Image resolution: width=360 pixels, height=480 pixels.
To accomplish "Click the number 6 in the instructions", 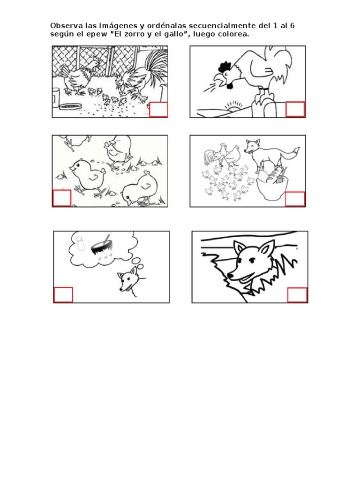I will [x=292, y=25].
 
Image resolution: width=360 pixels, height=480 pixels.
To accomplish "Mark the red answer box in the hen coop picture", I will [x=158, y=109].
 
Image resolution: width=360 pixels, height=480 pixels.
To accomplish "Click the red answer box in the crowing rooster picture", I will [x=295, y=109].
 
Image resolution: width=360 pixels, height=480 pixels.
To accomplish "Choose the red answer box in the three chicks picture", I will [x=61, y=198].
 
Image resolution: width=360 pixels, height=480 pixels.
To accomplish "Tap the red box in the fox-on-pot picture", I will [x=295, y=198].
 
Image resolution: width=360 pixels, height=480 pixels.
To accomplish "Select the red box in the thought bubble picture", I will [x=63, y=294].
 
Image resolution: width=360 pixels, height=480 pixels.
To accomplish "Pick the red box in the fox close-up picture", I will [x=297, y=295].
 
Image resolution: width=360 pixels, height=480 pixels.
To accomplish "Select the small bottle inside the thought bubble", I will [x=80, y=244].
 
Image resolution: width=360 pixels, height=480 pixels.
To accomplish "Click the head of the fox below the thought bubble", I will [x=127, y=281].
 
